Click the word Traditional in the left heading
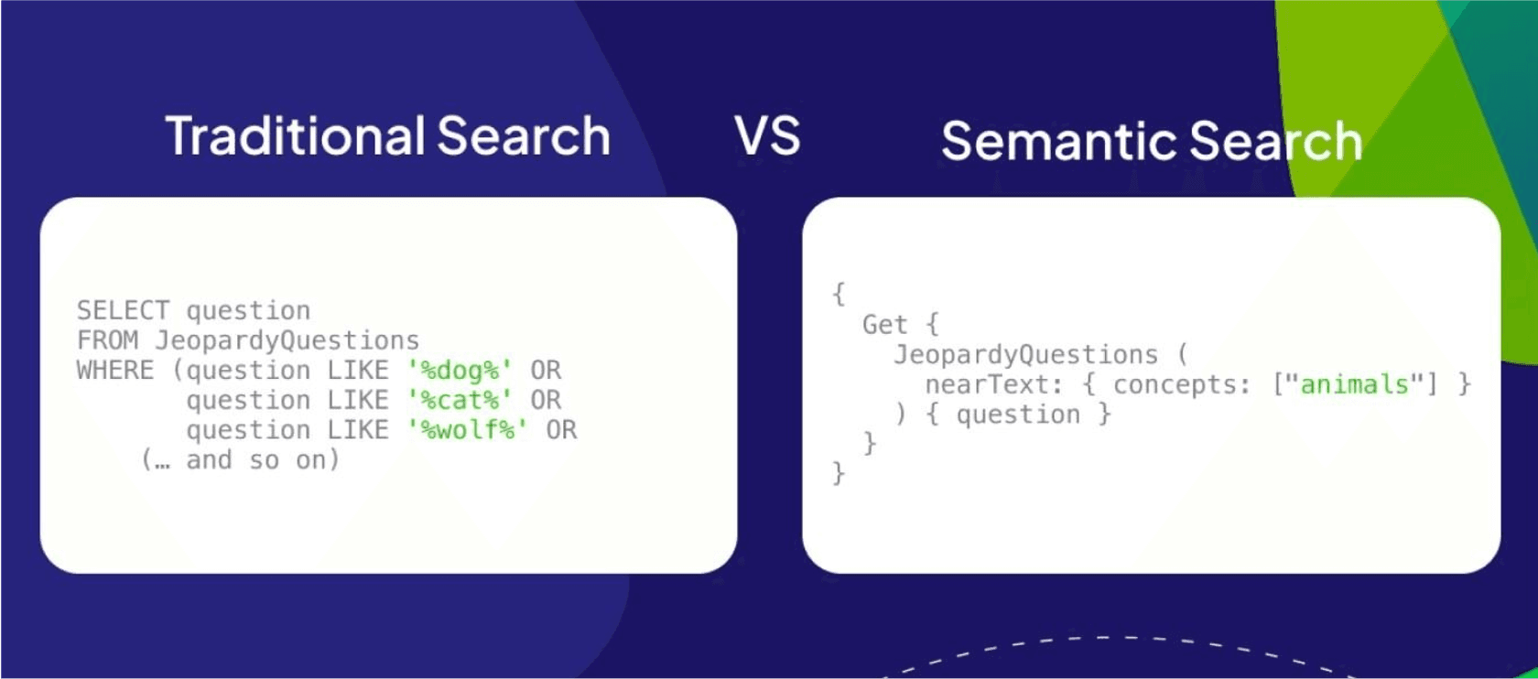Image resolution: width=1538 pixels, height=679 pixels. click(x=294, y=136)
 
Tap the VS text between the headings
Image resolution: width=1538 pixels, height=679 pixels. click(x=767, y=136)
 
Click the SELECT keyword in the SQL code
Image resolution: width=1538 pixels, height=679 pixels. click(x=123, y=310)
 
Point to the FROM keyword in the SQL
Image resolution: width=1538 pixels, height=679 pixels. click(x=107, y=340)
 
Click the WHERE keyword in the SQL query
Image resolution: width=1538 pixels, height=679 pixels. click(x=115, y=371)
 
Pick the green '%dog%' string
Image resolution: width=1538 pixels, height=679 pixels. click(x=459, y=371)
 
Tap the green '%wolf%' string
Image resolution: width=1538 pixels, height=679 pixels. click(x=467, y=430)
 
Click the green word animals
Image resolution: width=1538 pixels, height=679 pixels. click(x=1354, y=384)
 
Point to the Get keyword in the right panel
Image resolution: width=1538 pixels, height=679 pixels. click(x=884, y=325)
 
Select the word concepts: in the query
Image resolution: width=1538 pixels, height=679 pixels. click(x=1181, y=384)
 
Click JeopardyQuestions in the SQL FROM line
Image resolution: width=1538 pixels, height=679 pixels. click(x=287, y=340)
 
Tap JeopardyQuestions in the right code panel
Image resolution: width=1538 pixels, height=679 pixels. click(x=1025, y=354)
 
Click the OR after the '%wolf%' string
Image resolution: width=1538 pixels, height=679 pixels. click(x=561, y=430)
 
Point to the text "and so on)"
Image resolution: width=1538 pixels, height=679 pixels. click(x=263, y=459)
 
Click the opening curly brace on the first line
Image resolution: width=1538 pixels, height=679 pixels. click(x=838, y=294)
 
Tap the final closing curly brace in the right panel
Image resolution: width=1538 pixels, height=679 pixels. click(x=838, y=473)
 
